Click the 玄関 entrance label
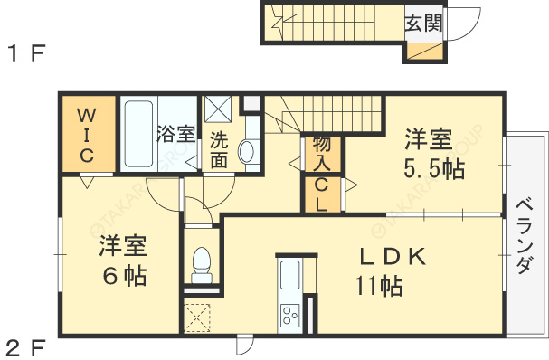click(423, 23)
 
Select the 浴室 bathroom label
click(175, 135)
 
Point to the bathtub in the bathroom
click(137, 133)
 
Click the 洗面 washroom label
click(219, 150)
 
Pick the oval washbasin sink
click(246, 152)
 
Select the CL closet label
click(322, 194)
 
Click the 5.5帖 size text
click(428, 168)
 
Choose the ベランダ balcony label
click(525, 237)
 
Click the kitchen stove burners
click(290, 316)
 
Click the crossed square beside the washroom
click(218, 109)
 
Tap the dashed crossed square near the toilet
click(197, 317)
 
